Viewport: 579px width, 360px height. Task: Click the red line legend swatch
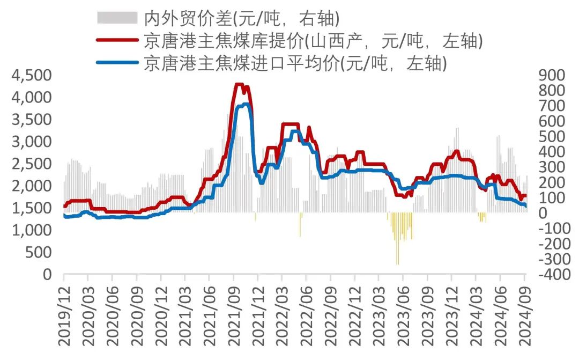[x=117, y=40]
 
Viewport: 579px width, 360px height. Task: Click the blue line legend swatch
[x=117, y=63]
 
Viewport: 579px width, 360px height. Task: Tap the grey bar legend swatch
[x=117, y=18]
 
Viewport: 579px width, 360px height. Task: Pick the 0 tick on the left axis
[x=47, y=275]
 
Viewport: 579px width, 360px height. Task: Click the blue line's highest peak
[x=246, y=104]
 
